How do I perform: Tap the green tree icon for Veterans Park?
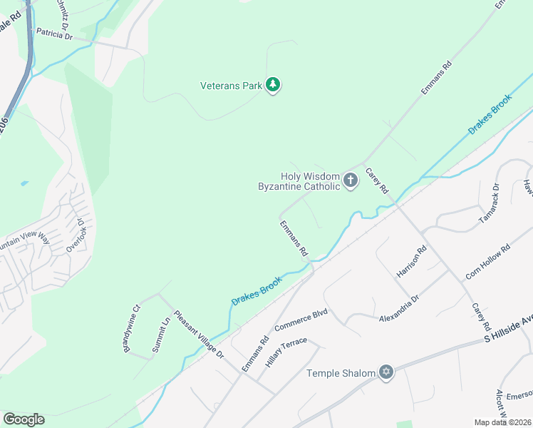point(273,86)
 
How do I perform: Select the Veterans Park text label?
point(232,86)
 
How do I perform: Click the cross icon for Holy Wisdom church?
point(350,180)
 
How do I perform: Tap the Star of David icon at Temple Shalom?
point(386,372)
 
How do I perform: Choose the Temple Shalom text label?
point(340,373)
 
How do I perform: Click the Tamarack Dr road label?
point(489,205)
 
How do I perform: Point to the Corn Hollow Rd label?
point(488,261)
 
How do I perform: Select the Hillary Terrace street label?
point(286,352)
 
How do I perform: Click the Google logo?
point(24,419)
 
